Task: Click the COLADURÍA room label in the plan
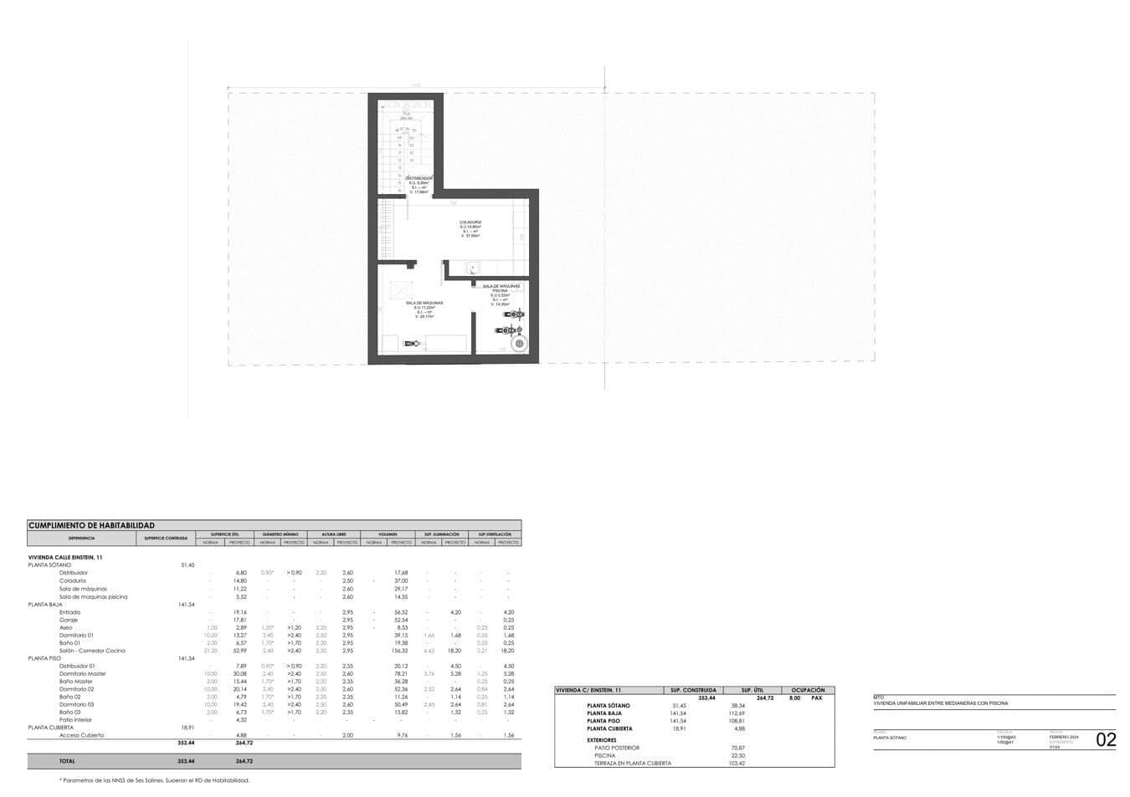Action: pyautogui.click(x=470, y=222)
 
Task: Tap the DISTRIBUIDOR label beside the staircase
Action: pyautogui.click(x=419, y=179)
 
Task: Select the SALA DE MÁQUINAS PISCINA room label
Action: pyautogui.click(x=501, y=288)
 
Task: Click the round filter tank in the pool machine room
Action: pyautogui.click(x=519, y=344)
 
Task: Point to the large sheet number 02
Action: pyautogui.click(x=1106, y=739)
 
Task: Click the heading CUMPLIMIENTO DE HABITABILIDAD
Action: pyautogui.click(x=91, y=525)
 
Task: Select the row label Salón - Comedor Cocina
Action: pyautogui.click(x=92, y=651)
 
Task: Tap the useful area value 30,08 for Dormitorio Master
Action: pyautogui.click(x=239, y=674)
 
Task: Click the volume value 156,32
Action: pyautogui.click(x=400, y=651)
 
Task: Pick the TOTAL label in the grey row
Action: pyautogui.click(x=66, y=761)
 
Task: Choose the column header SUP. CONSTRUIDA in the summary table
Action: pyautogui.click(x=693, y=690)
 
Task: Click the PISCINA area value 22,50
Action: pyautogui.click(x=737, y=755)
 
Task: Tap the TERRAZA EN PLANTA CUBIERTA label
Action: pyautogui.click(x=632, y=764)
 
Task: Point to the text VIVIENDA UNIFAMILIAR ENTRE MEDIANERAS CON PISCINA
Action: pyautogui.click(x=940, y=703)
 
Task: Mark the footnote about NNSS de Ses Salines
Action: pyautogui.click(x=154, y=780)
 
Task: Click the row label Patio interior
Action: pyautogui.click(x=75, y=720)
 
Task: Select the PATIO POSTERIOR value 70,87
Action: pyautogui.click(x=737, y=748)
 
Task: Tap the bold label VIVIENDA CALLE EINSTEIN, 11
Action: pyautogui.click(x=65, y=557)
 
